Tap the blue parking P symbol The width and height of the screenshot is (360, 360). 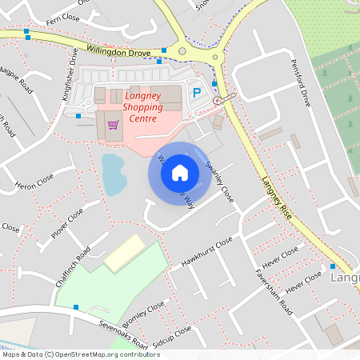(x=197, y=92)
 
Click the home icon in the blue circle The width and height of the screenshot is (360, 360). (x=180, y=172)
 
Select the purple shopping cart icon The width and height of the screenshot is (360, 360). (x=114, y=125)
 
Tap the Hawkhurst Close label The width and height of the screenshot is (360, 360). (x=206, y=250)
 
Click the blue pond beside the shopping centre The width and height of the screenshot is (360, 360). (x=114, y=174)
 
